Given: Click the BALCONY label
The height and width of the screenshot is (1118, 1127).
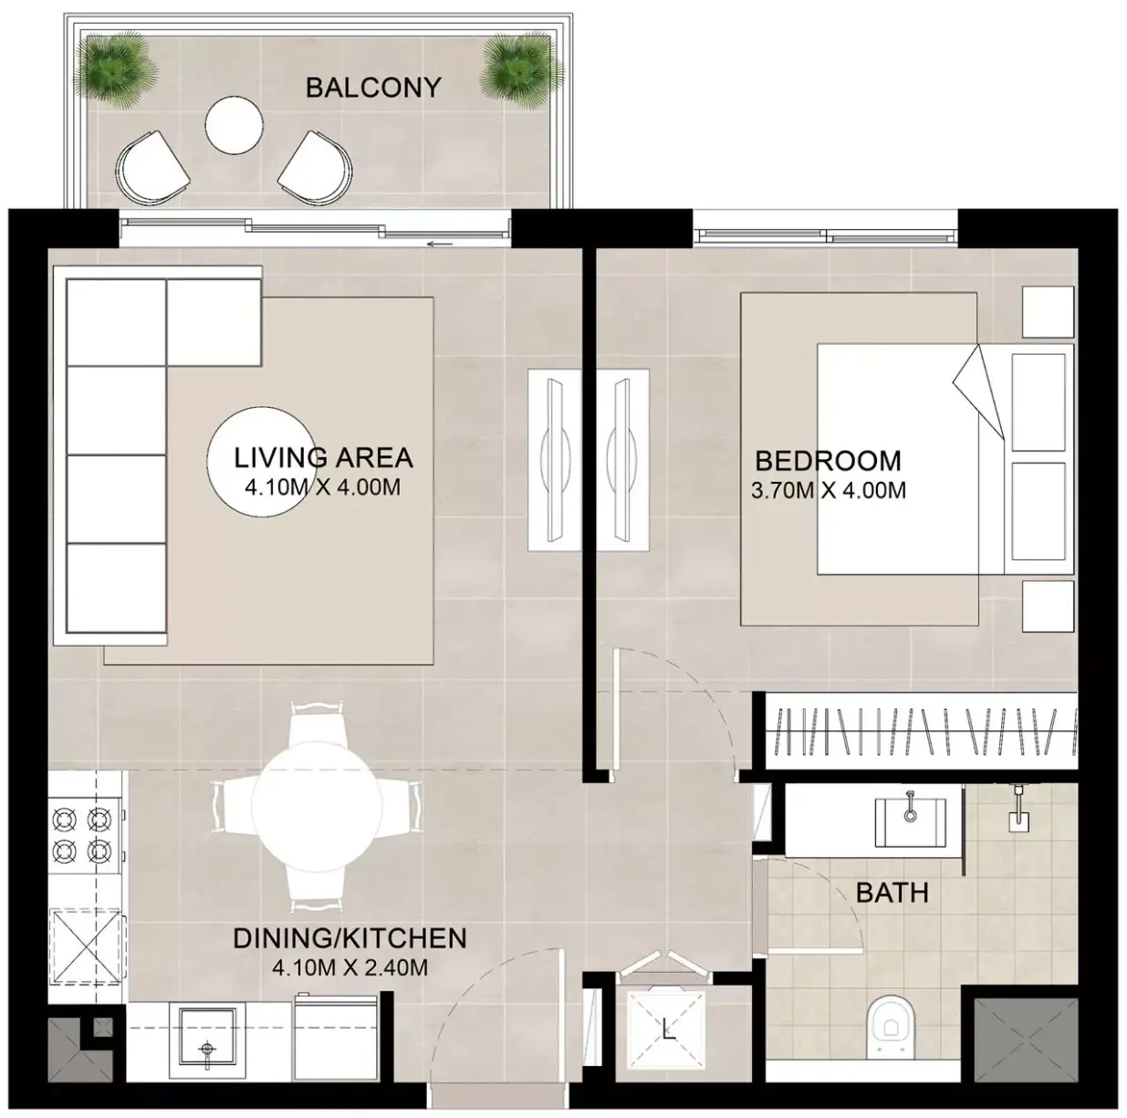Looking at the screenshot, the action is click(373, 88).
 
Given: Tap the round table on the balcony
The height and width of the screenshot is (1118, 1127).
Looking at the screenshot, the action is click(234, 125).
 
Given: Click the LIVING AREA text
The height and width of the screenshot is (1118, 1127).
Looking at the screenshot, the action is click(323, 457).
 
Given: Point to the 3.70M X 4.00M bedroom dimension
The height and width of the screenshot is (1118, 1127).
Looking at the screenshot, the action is click(829, 490).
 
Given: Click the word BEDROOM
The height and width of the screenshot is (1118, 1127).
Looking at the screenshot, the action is click(829, 461).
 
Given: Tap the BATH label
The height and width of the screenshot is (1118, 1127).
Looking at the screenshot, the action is click(892, 893).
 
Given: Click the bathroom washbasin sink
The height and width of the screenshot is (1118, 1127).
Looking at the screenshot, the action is click(910, 822).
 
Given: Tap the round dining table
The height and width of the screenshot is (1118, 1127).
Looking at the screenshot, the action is click(317, 806).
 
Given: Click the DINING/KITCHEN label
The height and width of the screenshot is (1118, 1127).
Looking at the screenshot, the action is click(350, 938).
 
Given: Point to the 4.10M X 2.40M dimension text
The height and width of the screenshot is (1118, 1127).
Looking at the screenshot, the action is click(350, 967).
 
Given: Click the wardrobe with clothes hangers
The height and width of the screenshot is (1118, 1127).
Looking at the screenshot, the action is click(921, 731).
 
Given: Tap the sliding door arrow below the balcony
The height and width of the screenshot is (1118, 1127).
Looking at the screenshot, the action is click(440, 244).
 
